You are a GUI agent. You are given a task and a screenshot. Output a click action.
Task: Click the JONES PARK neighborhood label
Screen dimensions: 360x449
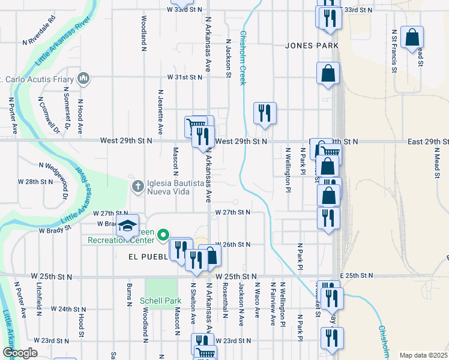click(312, 46)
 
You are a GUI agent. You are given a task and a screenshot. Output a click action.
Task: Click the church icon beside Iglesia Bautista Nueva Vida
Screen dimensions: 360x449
click(138, 186)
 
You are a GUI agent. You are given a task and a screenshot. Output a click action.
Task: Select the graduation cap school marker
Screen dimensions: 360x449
click(127, 226)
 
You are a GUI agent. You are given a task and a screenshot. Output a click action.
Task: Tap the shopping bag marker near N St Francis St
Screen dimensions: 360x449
click(412, 38)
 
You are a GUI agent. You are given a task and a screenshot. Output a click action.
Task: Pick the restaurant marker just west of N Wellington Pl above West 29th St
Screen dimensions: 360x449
click(264, 113)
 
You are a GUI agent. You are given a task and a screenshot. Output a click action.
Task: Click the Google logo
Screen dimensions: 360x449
click(19, 353)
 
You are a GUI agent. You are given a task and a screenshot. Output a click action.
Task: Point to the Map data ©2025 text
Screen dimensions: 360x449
click(423, 355)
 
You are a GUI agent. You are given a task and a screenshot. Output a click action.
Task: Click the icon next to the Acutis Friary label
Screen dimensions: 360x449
click(83, 78)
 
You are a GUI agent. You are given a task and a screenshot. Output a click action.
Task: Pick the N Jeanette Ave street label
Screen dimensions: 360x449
click(160, 112)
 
